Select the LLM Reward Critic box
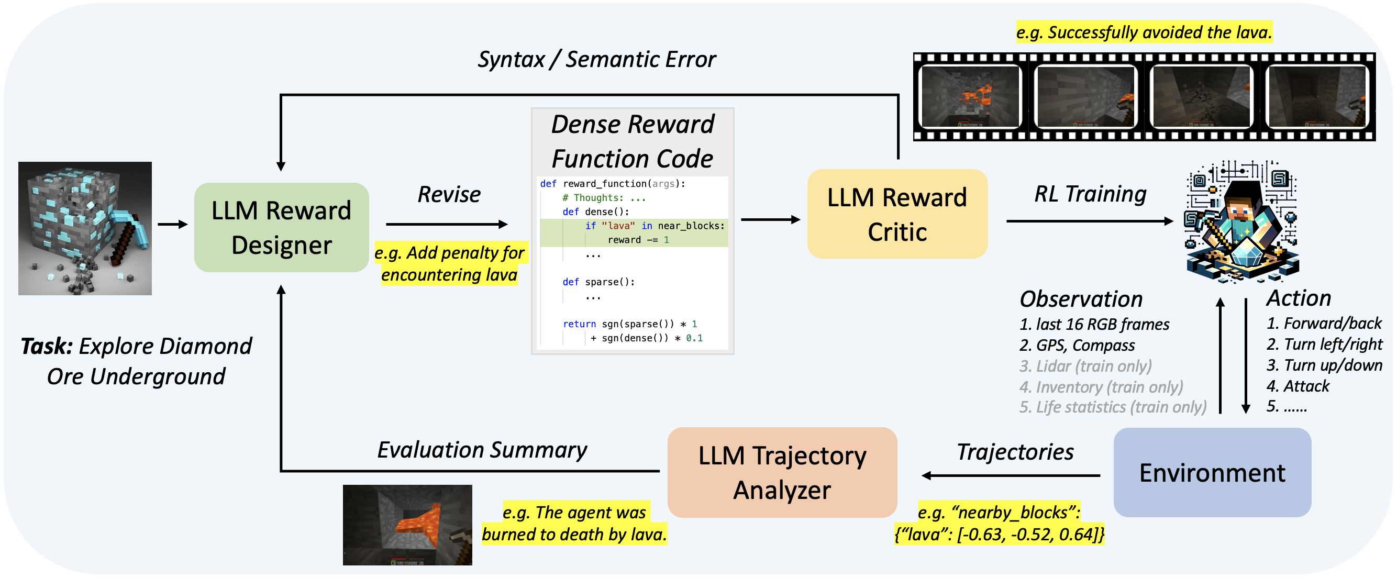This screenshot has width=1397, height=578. tap(897, 214)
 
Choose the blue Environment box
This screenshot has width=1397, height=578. tap(1212, 472)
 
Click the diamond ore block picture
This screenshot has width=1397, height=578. tap(85, 228)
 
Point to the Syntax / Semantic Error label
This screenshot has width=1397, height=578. tap(596, 60)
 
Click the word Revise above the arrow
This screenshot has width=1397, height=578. tap(449, 195)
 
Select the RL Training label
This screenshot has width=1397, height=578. tap(1090, 194)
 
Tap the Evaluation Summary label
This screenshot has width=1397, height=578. tap(482, 450)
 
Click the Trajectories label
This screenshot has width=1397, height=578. tap(1015, 452)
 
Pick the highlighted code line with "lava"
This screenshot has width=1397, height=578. tap(654, 226)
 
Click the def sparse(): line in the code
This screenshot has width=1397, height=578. tap(598, 282)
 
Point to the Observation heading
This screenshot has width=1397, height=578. tap(1081, 299)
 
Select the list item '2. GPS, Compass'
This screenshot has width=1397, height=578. tap(1077, 346)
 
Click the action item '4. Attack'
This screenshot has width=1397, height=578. tap(1297, 386)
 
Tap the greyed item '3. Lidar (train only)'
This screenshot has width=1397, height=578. tap(1085, 366)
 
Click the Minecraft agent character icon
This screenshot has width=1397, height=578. tap(1242, 223)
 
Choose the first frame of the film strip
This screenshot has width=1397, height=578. tap(971, 96)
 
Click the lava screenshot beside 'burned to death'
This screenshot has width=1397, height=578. tap(407, 525)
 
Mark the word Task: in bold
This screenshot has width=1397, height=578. tap(47, 347)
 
